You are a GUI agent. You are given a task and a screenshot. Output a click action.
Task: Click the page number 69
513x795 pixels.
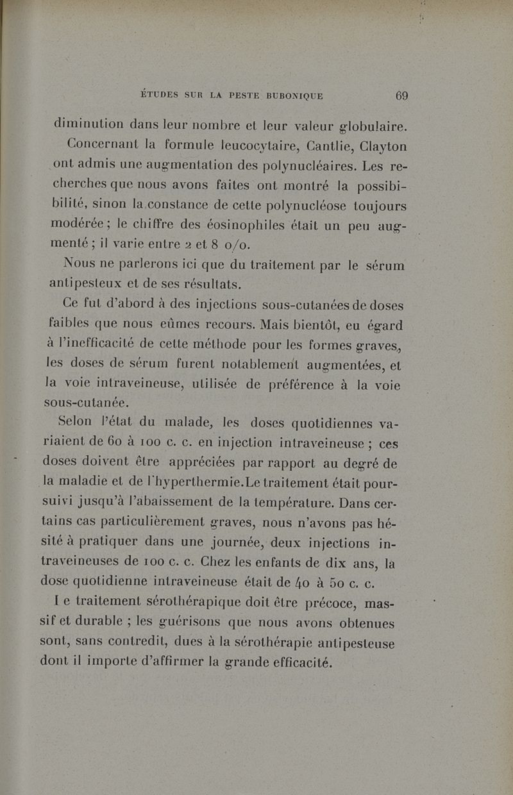[x=402, y=96]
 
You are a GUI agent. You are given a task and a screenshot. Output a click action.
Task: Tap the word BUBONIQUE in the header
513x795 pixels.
[x=287, y=97]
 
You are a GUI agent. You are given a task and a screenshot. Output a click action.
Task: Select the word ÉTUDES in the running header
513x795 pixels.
[x=160, y=97]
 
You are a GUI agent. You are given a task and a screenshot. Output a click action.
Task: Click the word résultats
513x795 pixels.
[x=210, y=283]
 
